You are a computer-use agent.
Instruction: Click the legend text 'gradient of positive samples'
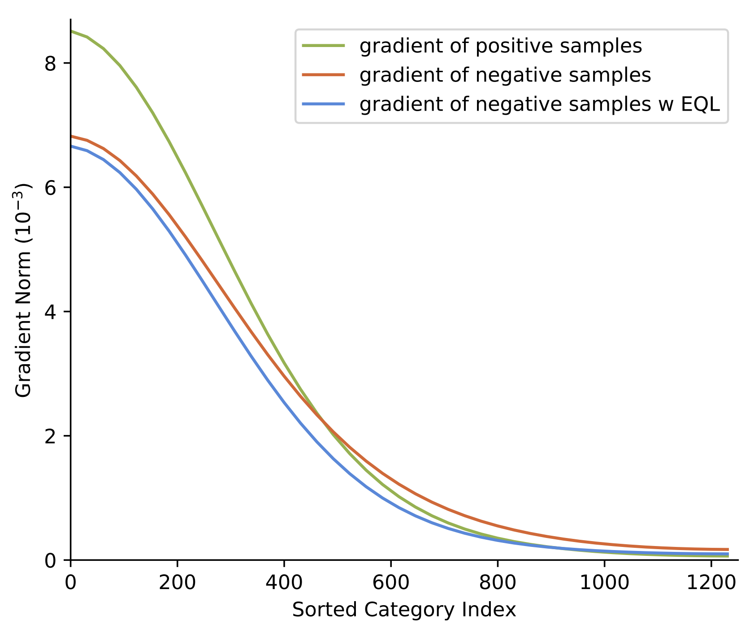pyautogui.click(x=501, y=46)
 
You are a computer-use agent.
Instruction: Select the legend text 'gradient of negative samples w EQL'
pyautogui.click(x=540, y=104)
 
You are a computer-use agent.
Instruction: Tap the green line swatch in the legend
pyautogui.click(x=324, y=46)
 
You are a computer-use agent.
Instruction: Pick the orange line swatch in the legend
pyautogui.click(x=324, y=75)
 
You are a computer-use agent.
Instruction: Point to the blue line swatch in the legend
pyautogui.click(x=324, y=104)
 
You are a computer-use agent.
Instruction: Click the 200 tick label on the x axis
pyautogui.click(x=177, y=583)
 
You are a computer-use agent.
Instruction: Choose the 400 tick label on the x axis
pyautogui.click(x=284, y=583)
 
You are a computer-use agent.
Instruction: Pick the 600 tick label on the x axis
pyautogui.click(x=390, y=583)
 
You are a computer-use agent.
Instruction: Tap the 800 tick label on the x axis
pyautogui.click(x=497, y=583)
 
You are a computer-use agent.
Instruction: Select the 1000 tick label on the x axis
pyautogui.click(x=604, y=583)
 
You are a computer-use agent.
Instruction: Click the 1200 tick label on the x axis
pyautogui.click(x=711, y=583)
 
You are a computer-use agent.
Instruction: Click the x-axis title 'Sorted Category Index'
pyautogui.click(x=404, y=610)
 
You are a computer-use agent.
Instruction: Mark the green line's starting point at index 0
pyautogui.click(x=71, y=31)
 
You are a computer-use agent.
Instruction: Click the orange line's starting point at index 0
pyautogui.click(x=71, y=136)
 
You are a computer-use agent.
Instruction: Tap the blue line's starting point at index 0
pyautogui.click(x=71, y=146)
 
